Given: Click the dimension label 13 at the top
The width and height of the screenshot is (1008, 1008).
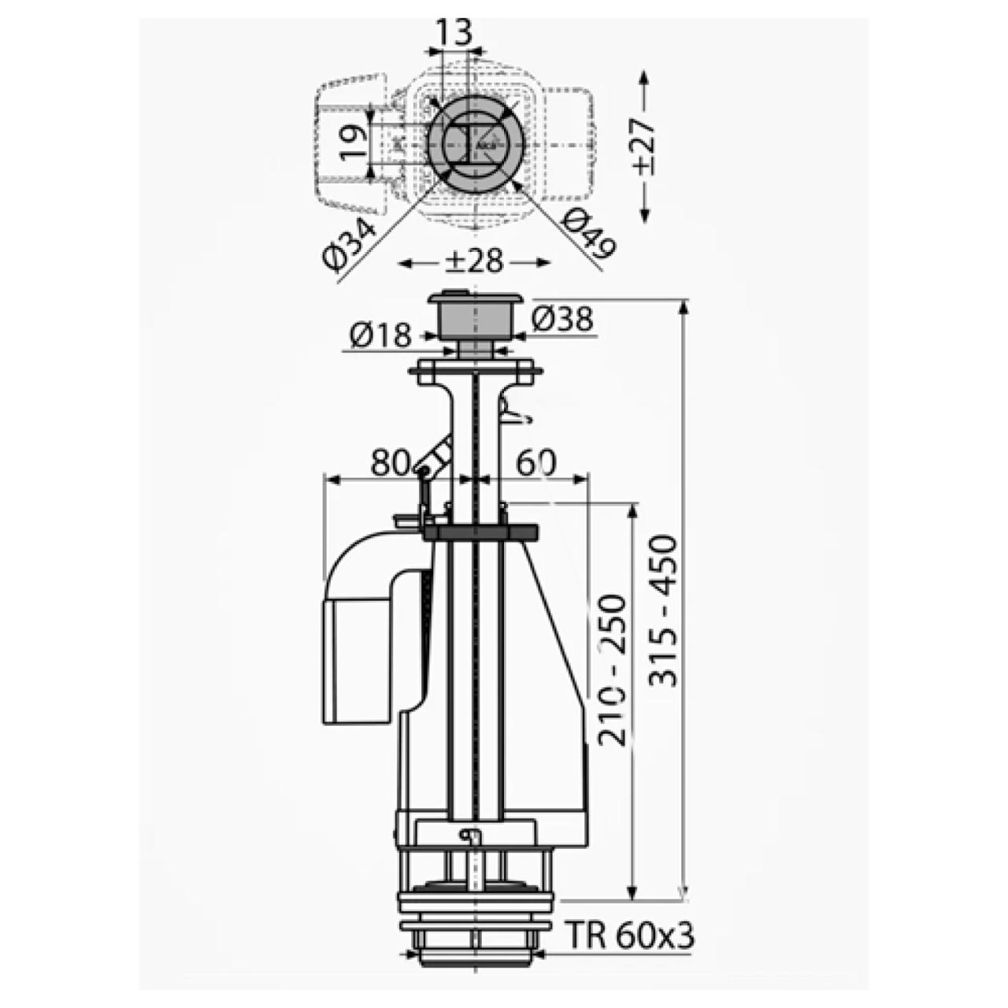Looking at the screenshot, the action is click(x=454, y=32).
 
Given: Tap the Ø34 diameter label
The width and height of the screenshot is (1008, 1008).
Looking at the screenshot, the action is click(x=350, y=246).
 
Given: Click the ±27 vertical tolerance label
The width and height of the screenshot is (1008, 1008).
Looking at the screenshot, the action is click(x=644, y=146).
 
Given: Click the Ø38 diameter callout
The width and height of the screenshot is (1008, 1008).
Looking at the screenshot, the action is click(x=562, y=320).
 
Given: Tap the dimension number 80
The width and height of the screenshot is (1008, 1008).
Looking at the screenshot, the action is click(x=389, y=463).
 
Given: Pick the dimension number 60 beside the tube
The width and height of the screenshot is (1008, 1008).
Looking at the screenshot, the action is click(x=537, y=463).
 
